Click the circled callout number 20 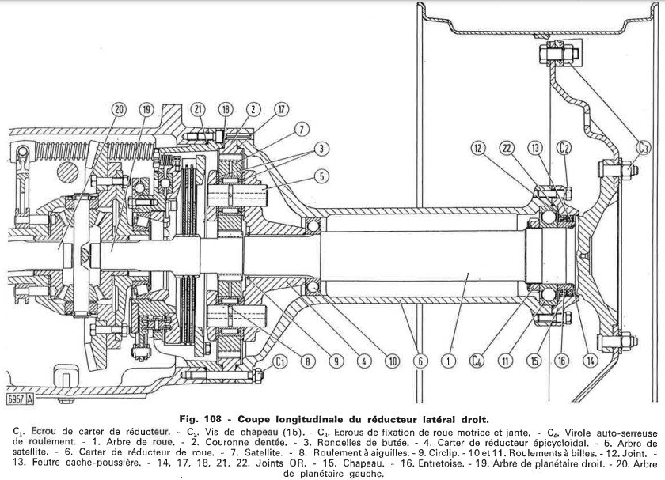(120, 109)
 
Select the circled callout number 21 (199, 109)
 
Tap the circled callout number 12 (477, 148)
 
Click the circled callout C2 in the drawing (564, 148)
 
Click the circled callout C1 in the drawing (279, 361)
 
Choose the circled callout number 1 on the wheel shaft (448, 361)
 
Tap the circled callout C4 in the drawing (477, 361)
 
